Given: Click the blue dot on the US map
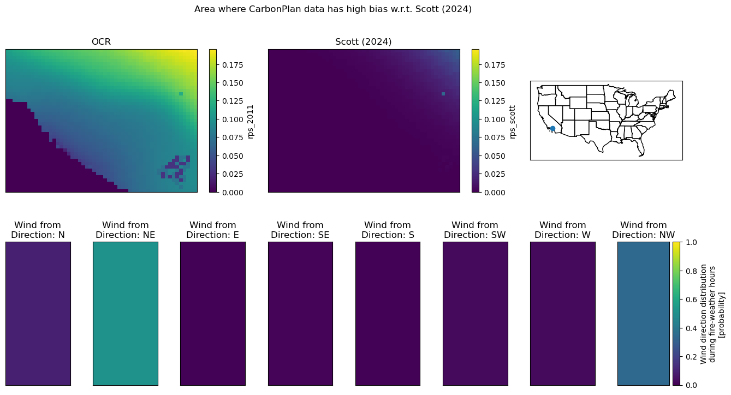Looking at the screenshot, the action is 552,129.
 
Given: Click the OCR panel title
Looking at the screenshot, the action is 101,42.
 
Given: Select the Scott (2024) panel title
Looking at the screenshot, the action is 363,42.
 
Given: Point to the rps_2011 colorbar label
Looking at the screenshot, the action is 251,122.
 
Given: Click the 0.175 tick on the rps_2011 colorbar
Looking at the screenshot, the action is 233,65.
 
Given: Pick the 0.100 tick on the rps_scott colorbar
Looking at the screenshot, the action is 495,119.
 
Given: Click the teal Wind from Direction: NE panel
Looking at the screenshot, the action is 126,314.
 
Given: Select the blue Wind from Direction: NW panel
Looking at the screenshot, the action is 643,314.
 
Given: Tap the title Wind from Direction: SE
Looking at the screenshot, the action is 300,230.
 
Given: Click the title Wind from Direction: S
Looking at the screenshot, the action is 388,230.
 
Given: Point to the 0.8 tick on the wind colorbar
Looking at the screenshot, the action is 691,271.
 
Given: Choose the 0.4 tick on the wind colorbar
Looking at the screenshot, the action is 691,328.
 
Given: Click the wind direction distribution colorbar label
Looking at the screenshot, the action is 712,314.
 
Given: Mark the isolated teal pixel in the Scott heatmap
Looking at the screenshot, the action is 443,94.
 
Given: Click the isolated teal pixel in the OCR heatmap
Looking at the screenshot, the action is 181,94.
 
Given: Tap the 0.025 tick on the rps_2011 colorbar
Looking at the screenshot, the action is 233,174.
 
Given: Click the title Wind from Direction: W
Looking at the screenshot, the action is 563,230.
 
